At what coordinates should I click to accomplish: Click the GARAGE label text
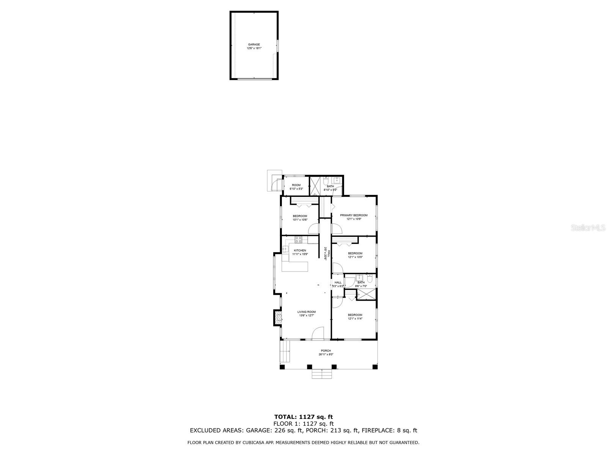254,44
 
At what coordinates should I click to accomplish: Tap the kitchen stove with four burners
299,239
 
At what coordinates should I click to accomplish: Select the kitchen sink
285,249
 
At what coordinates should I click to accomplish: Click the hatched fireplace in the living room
278,318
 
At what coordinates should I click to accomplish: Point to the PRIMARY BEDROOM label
354,215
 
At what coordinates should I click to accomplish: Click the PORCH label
326,351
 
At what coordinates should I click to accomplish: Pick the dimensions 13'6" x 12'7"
307,315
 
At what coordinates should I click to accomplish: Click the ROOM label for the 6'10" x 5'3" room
296,185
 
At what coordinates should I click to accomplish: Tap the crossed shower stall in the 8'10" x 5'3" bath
315,186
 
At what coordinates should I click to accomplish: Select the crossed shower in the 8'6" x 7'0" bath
367,294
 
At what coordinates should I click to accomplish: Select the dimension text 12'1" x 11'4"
355,318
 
